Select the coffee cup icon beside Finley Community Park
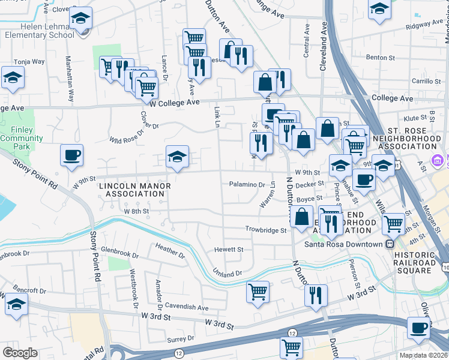tap(72, 155)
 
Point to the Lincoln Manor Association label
tap(135, 190)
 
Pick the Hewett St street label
tap(229, 249)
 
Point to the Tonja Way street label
tap(29, 61)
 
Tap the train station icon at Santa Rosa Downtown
tap(391, 244)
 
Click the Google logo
tap(20, 352)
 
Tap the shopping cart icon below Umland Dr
tap(258, 292)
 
